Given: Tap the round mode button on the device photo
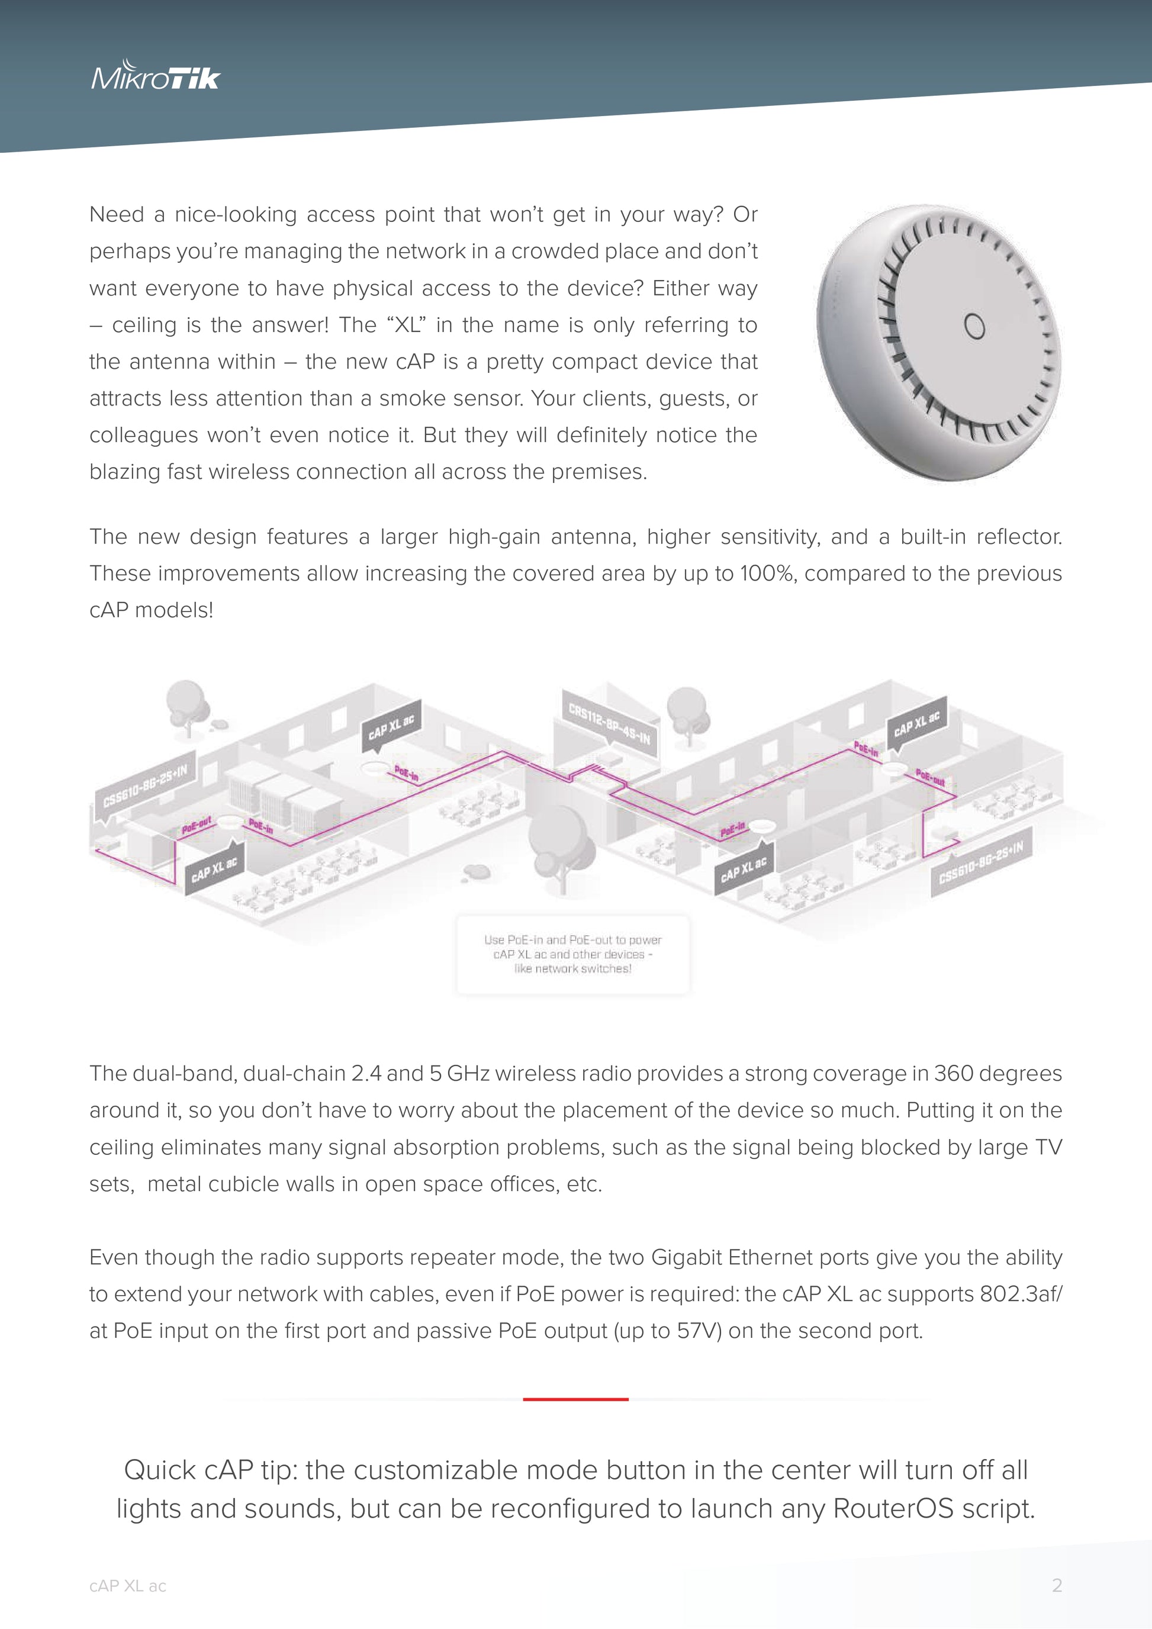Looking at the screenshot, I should click(x=974, y=326).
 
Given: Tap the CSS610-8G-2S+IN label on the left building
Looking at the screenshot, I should click(x=146, y=786).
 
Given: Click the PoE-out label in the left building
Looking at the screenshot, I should click(x=197, y=825).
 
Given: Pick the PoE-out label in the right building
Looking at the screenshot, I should click(x=929, y=778).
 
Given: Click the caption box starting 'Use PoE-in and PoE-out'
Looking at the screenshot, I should click(x=572, y=954).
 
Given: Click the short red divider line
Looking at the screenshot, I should click(x=575, y=1399).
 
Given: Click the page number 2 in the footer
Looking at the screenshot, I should click(x=1056, y=1586).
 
